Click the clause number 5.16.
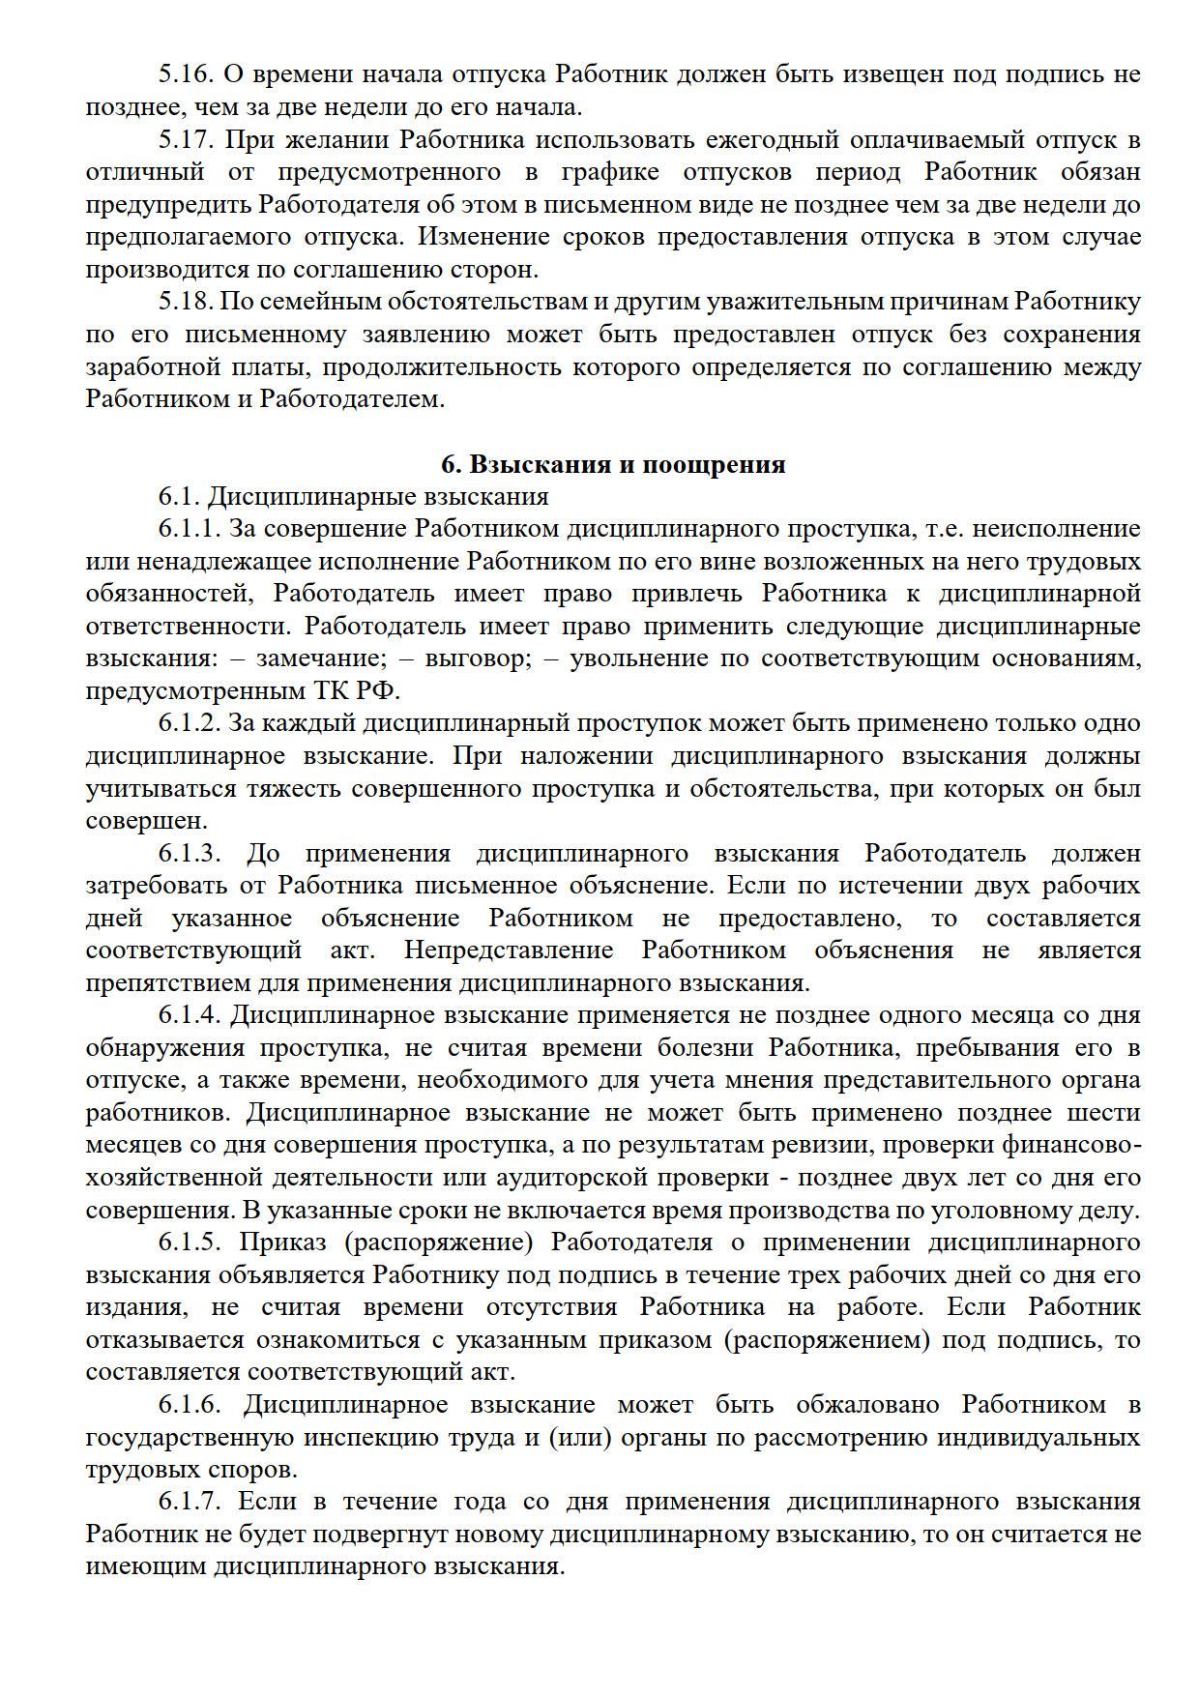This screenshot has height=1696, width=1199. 187,74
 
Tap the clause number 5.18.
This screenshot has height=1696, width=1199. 187,302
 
